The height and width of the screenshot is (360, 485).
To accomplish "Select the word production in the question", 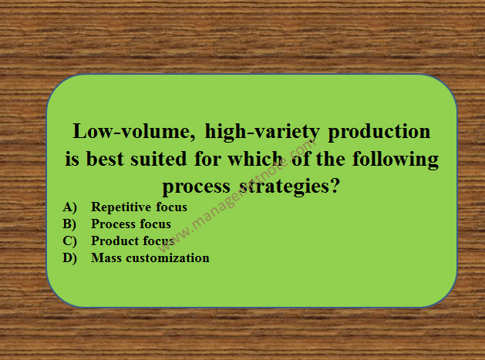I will pyautogui.click(x=379, y=133).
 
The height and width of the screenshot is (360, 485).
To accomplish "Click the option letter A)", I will pyautogui.click(x=71, y=207).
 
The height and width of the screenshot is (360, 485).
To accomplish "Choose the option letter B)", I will pyautogui.click(x=71, y=224).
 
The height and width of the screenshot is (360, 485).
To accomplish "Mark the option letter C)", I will pyautogui.click(x=71, y=241).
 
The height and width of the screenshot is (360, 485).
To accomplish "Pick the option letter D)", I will pyautogui.click(x=71, y=258).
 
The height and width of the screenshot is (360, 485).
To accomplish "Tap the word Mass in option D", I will pyautogui.click(x=106, y=258).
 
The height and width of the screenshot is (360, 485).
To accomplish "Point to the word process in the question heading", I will pyautogui.click(x=194, y=187).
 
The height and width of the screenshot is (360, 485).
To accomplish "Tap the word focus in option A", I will pyautogui.click(x=172, y=207).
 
